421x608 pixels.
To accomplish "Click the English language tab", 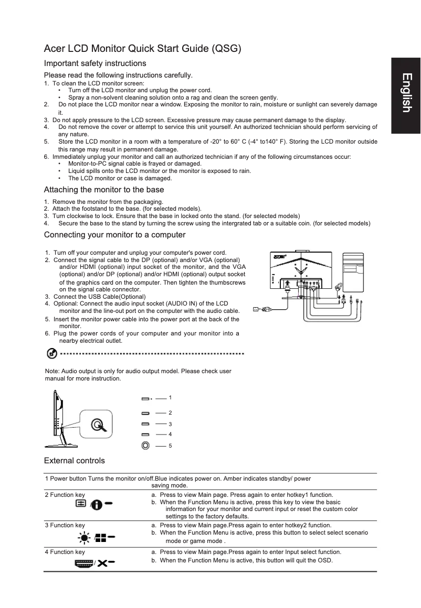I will pos(406,93).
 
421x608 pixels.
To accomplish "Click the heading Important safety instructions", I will pos(95,63).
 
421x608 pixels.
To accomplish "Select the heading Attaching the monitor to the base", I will pos(104,190).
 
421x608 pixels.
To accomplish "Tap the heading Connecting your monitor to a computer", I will pos(114,234).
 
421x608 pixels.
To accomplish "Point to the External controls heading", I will pos(75,461).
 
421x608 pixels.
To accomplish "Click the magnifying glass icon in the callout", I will pos(98,425).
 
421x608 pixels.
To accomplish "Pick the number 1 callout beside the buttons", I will pos(170,398).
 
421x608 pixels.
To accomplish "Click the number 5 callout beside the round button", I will pos(170,446).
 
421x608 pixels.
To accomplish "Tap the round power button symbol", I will pos(145,446).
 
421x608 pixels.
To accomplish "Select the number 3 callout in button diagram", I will pos(170,424).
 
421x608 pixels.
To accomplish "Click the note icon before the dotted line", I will pos(52,354).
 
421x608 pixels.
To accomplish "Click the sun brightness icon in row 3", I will pos(84,537).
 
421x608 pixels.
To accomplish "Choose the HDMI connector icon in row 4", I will pos(83,563).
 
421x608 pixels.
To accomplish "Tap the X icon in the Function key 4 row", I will pos(102,563).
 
